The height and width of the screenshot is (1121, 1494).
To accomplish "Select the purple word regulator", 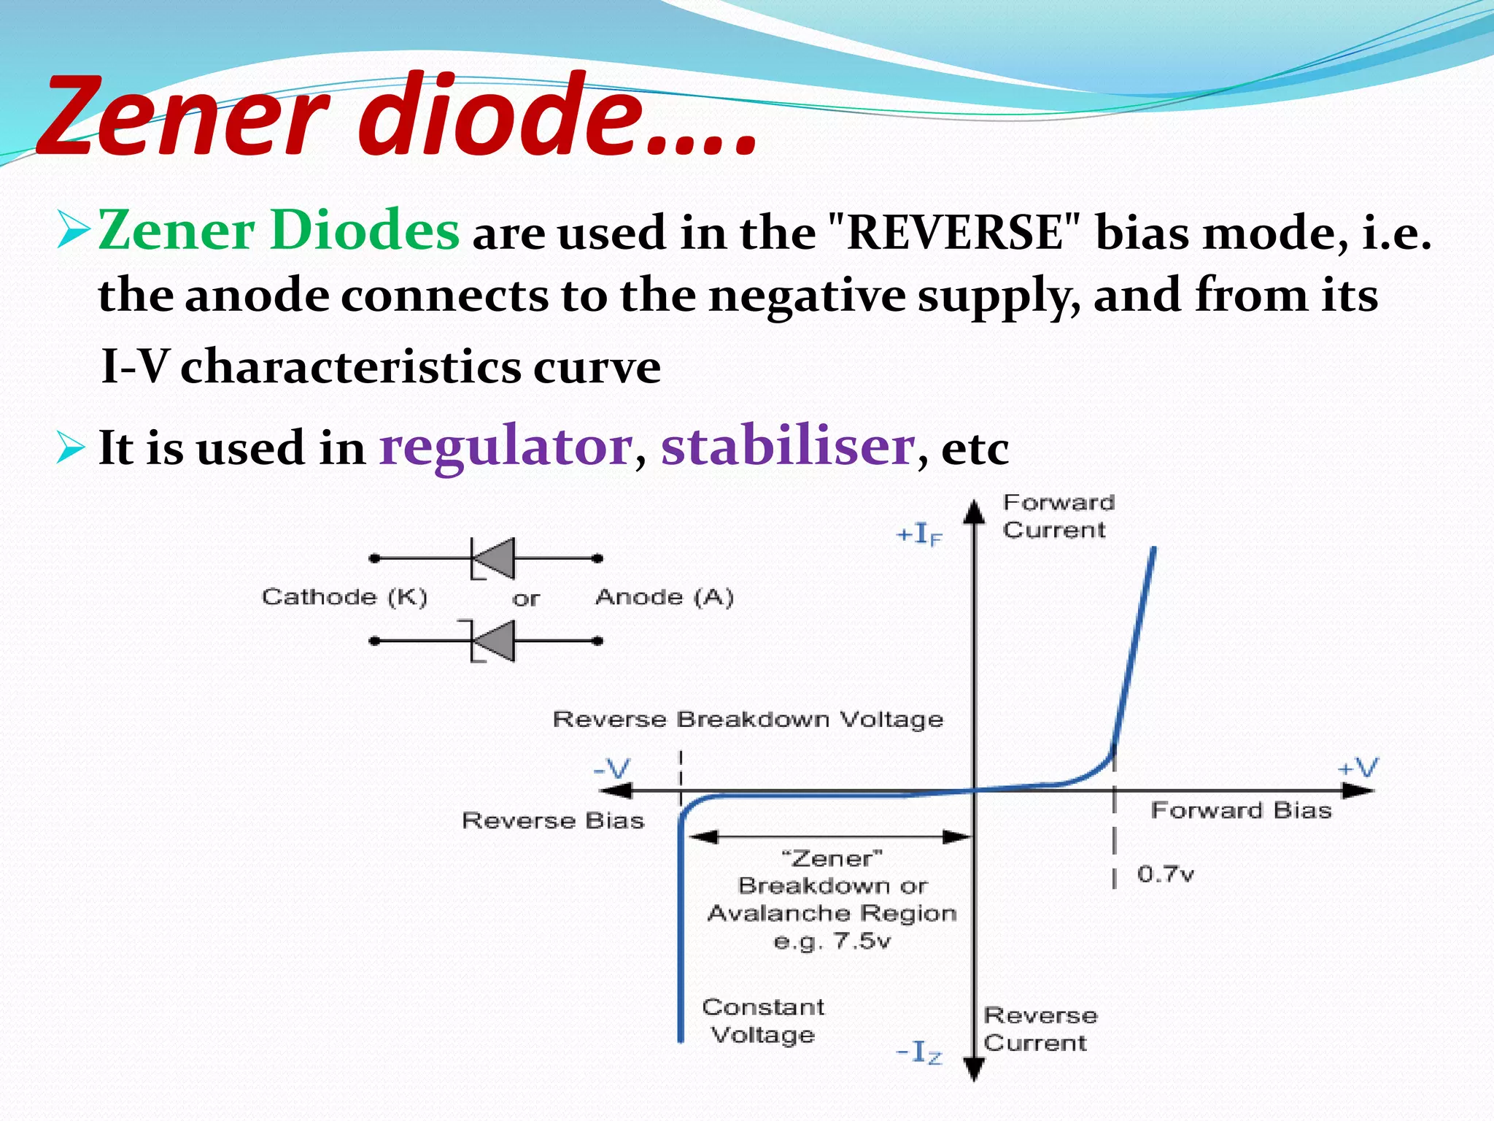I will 506,446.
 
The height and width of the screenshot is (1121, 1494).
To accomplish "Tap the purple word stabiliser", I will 788,446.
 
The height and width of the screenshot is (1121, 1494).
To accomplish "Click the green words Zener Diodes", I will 279,231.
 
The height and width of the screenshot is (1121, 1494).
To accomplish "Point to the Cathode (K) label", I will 344,597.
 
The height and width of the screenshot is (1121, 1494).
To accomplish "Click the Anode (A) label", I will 665,597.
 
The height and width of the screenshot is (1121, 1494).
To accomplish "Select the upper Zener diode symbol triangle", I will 497,558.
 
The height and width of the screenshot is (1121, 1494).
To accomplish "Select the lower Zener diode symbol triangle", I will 497,641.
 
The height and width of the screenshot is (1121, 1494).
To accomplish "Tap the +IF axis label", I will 919,535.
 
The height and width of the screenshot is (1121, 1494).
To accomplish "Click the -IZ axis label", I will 919,1052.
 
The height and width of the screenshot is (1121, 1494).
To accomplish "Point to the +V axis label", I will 1358,768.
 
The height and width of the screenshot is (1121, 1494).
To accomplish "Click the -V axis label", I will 611,768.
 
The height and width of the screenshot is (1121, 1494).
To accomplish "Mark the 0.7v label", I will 1165,874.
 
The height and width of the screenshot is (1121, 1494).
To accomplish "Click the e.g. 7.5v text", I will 832,941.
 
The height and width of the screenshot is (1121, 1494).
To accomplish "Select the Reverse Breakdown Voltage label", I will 748,719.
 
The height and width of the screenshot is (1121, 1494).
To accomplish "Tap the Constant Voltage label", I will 763,1020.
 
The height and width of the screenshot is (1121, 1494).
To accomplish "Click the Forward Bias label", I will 1241,810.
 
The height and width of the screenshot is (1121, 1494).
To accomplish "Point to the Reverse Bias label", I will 553,820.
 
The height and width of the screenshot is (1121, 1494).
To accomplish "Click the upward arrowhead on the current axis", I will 975,512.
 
